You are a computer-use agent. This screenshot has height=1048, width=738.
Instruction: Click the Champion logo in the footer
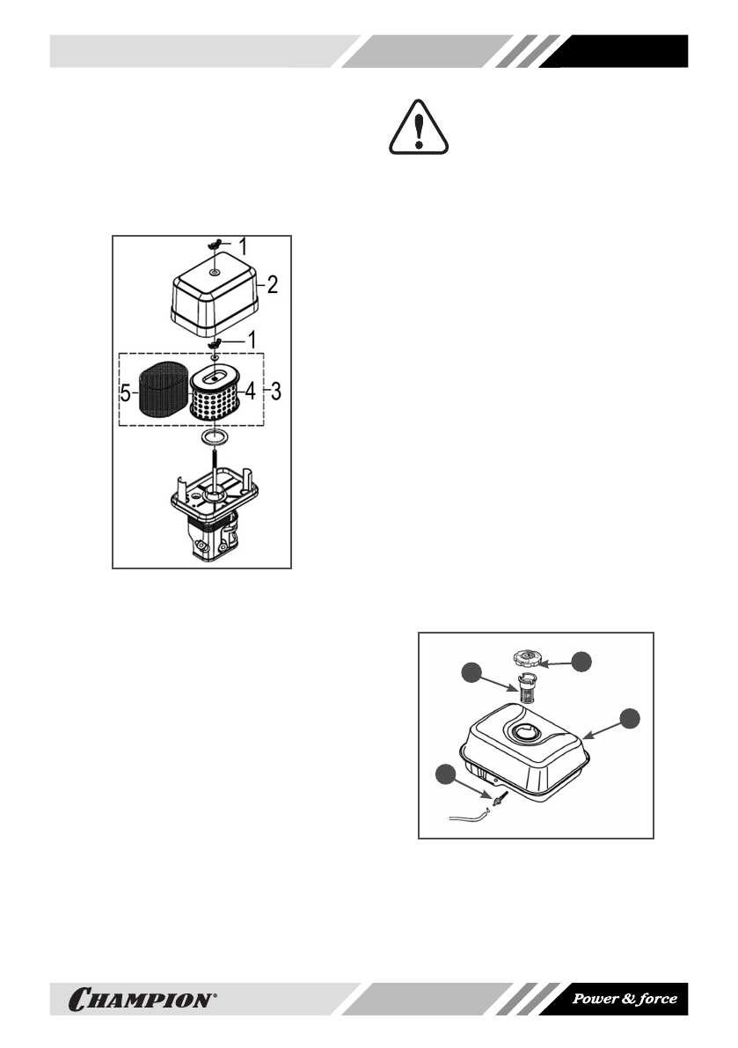141,999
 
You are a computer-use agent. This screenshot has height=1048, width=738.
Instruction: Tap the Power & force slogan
625,999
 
